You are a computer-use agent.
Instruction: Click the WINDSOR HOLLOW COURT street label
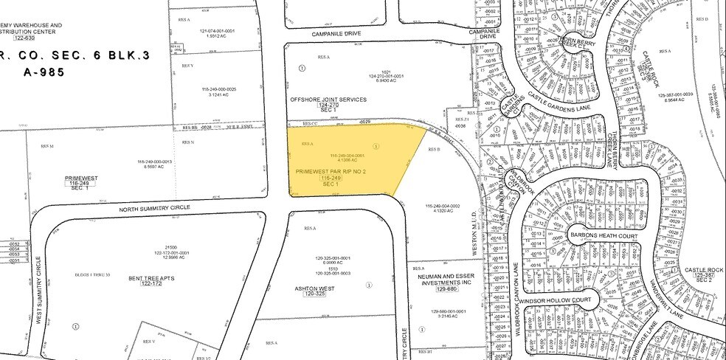(567, 301)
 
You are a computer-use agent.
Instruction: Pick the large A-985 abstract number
(33, 72)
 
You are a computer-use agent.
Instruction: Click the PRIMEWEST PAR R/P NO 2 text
(331, 171)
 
